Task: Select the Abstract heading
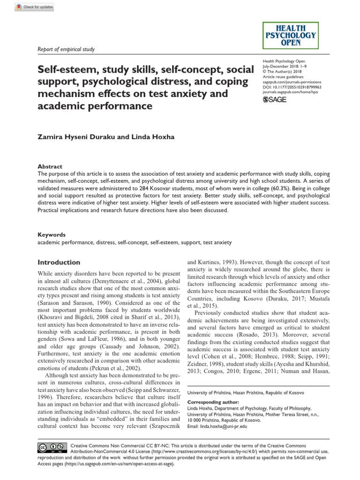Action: point(50,166)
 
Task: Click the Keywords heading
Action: point(52,234)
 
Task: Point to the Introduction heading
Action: point(59,262)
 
